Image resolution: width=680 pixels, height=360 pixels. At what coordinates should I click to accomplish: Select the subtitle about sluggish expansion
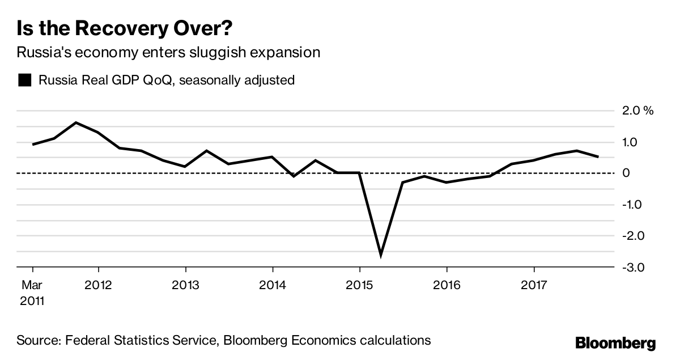click(x=168, y=53)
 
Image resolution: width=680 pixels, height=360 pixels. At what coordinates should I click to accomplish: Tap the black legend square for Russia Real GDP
click(x=24, y=80)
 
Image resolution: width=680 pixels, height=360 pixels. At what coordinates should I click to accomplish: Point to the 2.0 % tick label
click(x=638, y=111)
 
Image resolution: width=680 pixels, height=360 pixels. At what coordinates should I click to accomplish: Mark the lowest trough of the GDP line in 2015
click(x=381, y=255)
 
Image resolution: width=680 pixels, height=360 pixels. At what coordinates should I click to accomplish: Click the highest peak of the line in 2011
click(x=76, y=122)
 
